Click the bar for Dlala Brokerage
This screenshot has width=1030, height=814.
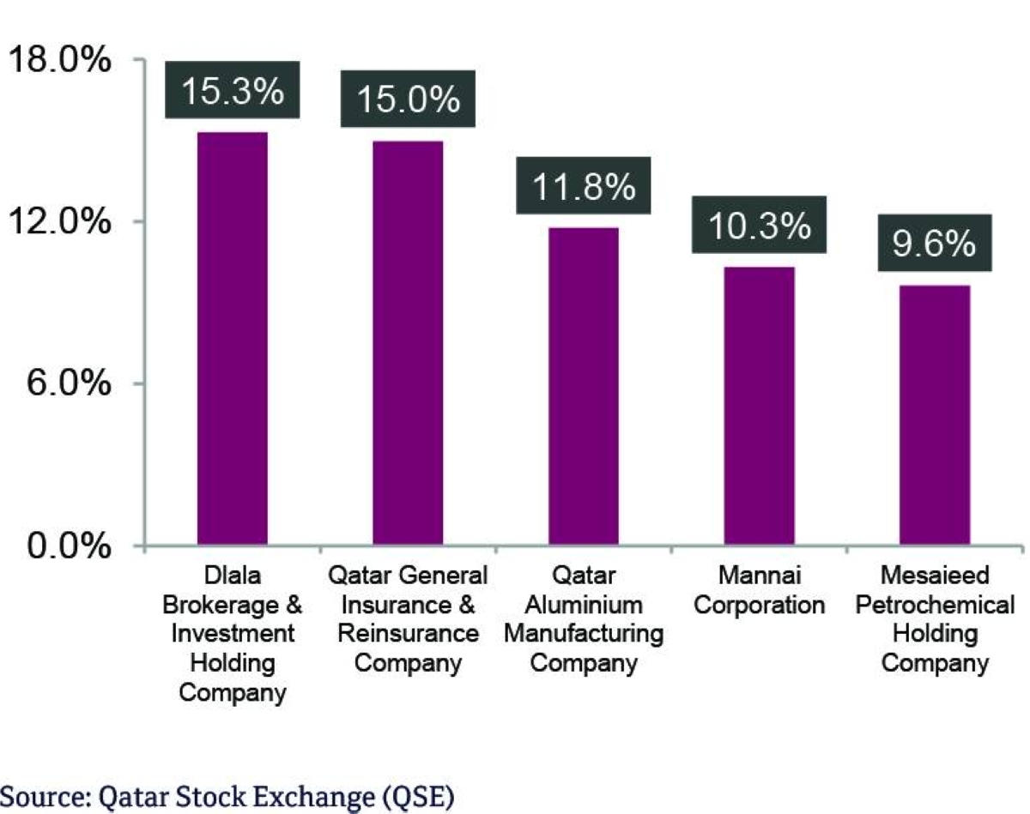(232, 339)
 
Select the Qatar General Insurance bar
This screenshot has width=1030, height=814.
(408, 343)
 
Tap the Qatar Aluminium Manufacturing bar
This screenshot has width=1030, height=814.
(583, 386)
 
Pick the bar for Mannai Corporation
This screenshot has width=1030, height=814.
(759, 406)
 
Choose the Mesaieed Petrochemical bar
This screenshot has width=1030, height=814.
(934, 415)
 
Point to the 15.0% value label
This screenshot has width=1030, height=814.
(408, 100)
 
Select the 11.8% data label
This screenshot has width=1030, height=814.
(583, 187)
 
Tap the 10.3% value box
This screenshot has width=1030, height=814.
(759, 226)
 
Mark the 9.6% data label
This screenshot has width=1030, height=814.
(934, 244)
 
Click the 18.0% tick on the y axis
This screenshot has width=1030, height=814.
(60, 61)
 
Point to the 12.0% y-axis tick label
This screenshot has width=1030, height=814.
(60, 222)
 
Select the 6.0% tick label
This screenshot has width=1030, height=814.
(69, 383)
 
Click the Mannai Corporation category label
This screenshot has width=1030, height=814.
(759, 589)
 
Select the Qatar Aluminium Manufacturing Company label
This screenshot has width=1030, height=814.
(583, 618)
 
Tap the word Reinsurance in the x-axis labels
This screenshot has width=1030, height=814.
(408, 634)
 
